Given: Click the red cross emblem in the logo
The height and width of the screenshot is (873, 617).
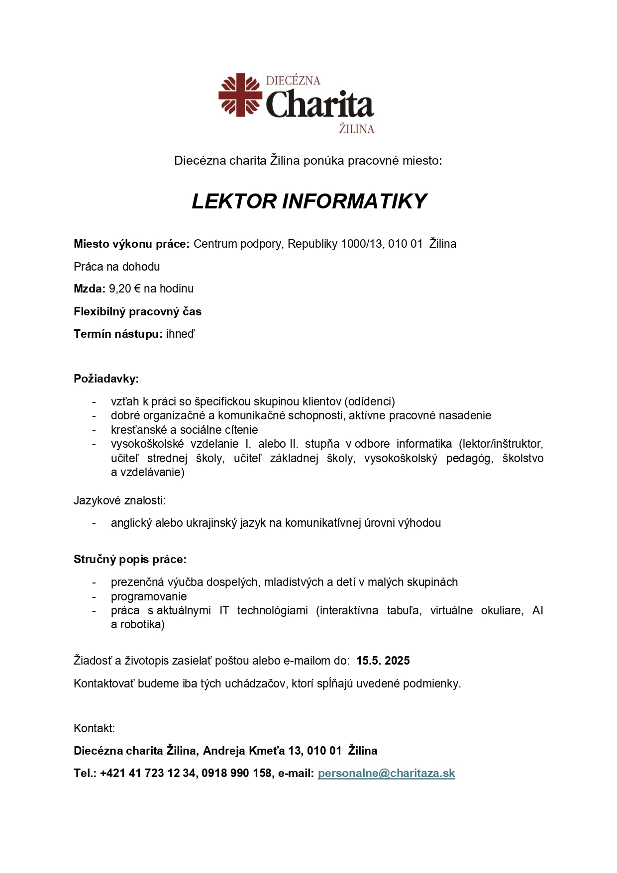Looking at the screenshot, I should click(x=240, y=95).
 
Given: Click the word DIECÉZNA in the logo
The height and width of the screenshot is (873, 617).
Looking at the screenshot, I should click(x=293, y=81).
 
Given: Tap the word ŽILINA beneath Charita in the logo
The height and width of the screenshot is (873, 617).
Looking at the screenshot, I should click(x=356, y=129).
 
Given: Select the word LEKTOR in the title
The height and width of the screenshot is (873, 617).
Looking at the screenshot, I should click(x=234, y=201).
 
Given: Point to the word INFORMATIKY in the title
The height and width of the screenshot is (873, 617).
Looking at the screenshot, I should click(x=354, y=201).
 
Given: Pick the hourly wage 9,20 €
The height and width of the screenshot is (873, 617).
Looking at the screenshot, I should click(x=124, y=289).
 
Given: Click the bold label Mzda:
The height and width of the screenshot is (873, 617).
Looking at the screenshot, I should click(x=90, y=289).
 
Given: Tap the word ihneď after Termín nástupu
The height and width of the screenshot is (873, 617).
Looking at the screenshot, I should click(x=180, y=334).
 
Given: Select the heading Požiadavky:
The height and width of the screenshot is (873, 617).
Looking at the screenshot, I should click(x=106, y=379).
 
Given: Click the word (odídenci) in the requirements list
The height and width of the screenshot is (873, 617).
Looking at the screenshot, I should click(x=369, y=401).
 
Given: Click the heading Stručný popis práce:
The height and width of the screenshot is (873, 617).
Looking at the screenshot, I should click(x=130, y=559).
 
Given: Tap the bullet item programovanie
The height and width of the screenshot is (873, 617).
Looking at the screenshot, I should click(x=149, y=596).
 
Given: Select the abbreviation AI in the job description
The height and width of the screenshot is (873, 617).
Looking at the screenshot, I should click(x=537, y=610).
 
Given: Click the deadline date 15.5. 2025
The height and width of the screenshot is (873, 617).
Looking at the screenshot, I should click(x=383, y=661).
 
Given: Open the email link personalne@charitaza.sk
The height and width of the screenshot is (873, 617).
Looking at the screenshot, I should click(x=386, y=773).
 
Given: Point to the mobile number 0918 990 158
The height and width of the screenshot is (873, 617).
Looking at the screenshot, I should click(x=236, y=773).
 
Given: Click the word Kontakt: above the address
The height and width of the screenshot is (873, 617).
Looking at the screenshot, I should click(x=94, y=728).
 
